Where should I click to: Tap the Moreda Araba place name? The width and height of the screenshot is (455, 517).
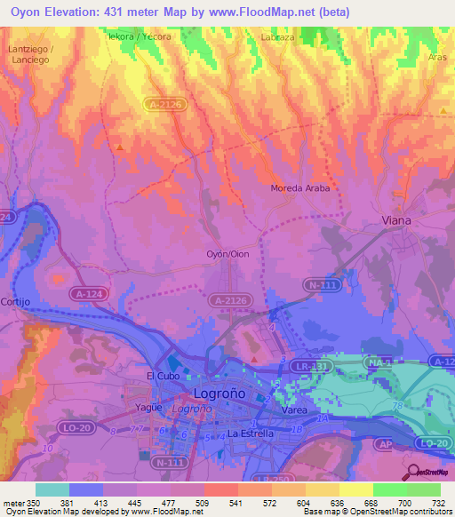[x=300, y=188]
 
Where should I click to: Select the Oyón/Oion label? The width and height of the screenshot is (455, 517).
[x=227, y=253]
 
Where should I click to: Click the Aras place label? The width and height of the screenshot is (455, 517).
[x=436, y=56]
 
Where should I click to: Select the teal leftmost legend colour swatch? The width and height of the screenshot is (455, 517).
[x=52, y=489]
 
